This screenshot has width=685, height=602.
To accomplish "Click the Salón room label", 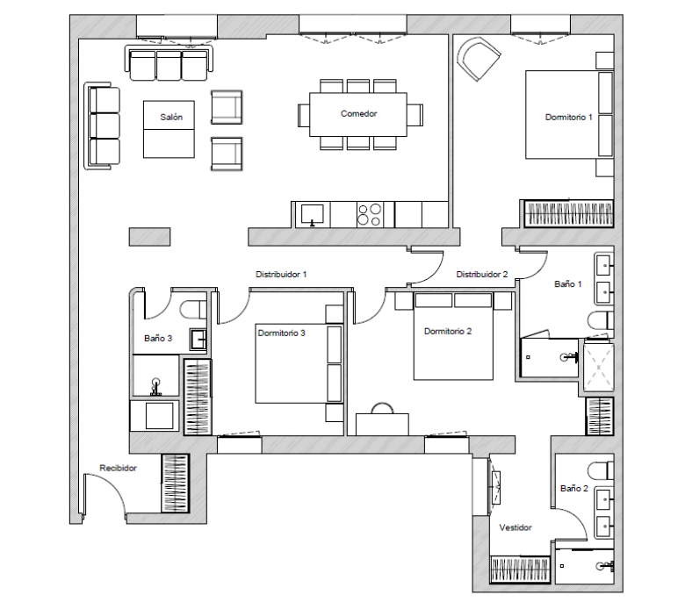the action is [171, 117].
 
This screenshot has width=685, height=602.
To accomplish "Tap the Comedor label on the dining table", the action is [358, 113].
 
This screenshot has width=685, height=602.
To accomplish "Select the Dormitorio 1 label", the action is [568, 117].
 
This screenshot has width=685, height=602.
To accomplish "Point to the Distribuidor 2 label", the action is [482, 274].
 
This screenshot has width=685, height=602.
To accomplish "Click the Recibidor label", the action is [118, 468].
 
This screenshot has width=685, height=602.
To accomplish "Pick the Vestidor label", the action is [516, 527].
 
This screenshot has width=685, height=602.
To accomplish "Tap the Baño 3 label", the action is [158, 338].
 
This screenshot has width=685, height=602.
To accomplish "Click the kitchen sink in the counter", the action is [312, 215].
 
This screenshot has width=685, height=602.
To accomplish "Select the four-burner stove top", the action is [370, 215].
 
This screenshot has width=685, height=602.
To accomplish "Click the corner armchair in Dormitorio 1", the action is [478, 59].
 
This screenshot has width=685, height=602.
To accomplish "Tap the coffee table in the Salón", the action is [169, 129].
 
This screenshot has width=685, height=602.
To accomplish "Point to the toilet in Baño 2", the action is [601, 471].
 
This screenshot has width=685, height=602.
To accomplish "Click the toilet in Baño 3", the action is [192, 310].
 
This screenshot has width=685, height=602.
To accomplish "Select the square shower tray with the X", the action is [599, 367].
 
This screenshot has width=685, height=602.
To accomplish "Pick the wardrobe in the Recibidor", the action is [175, 484].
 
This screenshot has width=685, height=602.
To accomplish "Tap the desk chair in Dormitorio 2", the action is [382, 408].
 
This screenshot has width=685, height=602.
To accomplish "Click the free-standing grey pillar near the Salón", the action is [149, 237].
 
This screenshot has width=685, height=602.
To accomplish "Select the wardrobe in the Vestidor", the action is [520, 570].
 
